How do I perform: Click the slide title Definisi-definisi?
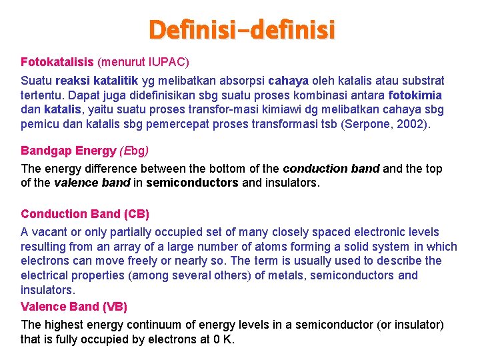tap(242, 29)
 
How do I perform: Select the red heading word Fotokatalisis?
tap(57, 62)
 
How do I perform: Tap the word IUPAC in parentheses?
tap(167, 62)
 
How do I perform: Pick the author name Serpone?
tap(367, 124)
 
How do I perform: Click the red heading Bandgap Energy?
tap(69, 151)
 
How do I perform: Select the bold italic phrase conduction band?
tap(331, 169)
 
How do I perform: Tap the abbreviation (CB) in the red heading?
tap(136, 214)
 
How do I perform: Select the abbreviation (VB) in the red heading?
tap(114, 307)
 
